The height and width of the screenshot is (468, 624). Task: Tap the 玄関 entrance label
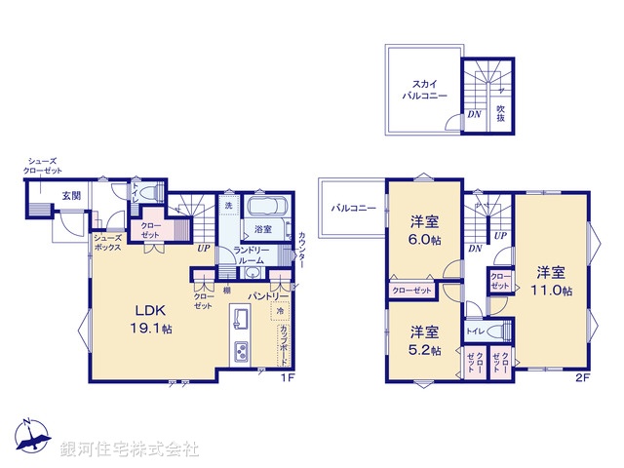pos(72,196)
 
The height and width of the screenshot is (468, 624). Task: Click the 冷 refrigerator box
pos(278,312)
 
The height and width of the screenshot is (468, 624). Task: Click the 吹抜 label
pos(500,114)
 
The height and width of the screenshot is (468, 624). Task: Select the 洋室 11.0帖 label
pos(551,279)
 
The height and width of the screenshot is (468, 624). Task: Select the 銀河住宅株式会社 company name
pos(129,449)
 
